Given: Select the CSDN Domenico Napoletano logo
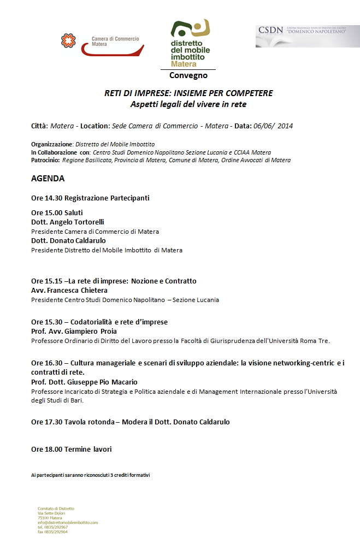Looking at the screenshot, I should point(308,36).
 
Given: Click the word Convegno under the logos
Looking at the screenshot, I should point(188,75).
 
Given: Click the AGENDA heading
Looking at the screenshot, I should point(48,179).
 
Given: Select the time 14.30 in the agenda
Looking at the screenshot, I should point(55,198).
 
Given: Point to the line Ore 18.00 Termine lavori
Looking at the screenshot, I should point(72,449).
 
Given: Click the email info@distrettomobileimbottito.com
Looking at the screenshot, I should point(68,522).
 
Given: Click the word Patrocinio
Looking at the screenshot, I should point(45,160).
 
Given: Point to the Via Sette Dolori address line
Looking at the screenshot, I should point(52,513).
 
